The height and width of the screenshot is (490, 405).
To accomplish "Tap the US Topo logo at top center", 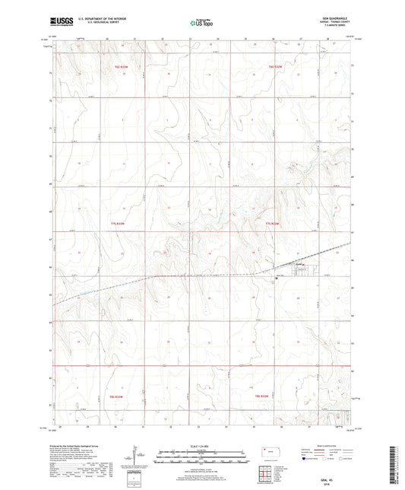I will (201, 24).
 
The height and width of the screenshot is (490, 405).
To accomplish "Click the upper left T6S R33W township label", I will (122, 68).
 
